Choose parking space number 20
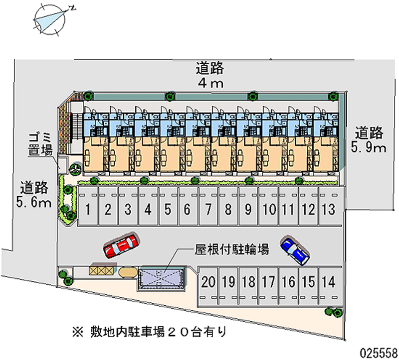pos(209,283)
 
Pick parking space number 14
pos(328,283)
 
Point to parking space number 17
pos(268,283)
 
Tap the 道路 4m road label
pos(209,74)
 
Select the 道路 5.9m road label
pos(370,140)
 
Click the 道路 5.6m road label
pos(34,195)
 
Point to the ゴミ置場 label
pos(40,144)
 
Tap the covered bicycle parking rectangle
pos(162,279)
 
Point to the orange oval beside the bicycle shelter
pos(128,272)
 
